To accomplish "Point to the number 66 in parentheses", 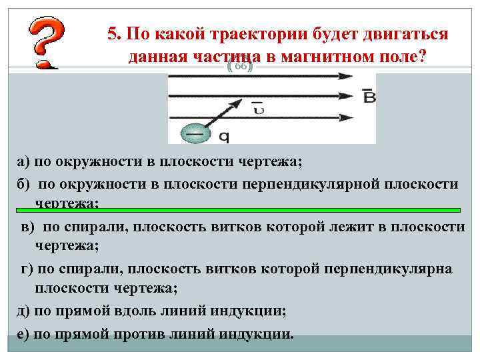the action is pyautogui.click(x=240, y=67).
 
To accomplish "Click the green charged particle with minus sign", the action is pyautogui.click(x=194, y=133).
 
